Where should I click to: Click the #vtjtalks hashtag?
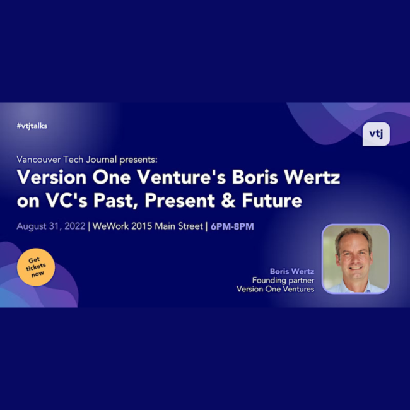coord(32,126)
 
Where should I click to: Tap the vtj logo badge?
coord(376,134)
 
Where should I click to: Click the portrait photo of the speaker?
coord(355,259)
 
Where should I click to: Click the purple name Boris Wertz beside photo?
coord(292,271)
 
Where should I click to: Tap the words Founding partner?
coord(283,280)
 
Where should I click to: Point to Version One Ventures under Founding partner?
coord(275,289)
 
